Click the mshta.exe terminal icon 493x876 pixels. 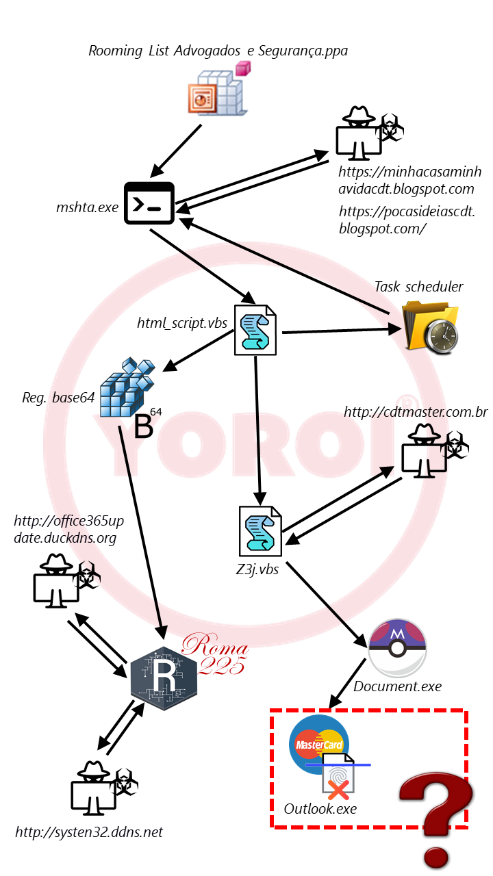click(x=149, y=203)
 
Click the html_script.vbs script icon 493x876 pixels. click(x=255, y=331)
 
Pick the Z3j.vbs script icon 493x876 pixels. click(x=260, y=531)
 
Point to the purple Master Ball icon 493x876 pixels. click(x=397, y=648)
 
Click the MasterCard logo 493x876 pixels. click(x=319, y=743)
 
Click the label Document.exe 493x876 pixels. click(x=397, y=686)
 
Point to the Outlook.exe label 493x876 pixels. click(x=320, y=808)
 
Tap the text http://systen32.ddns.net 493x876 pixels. click(x=89, y=832)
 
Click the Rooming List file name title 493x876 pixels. click(x=218, y=51)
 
